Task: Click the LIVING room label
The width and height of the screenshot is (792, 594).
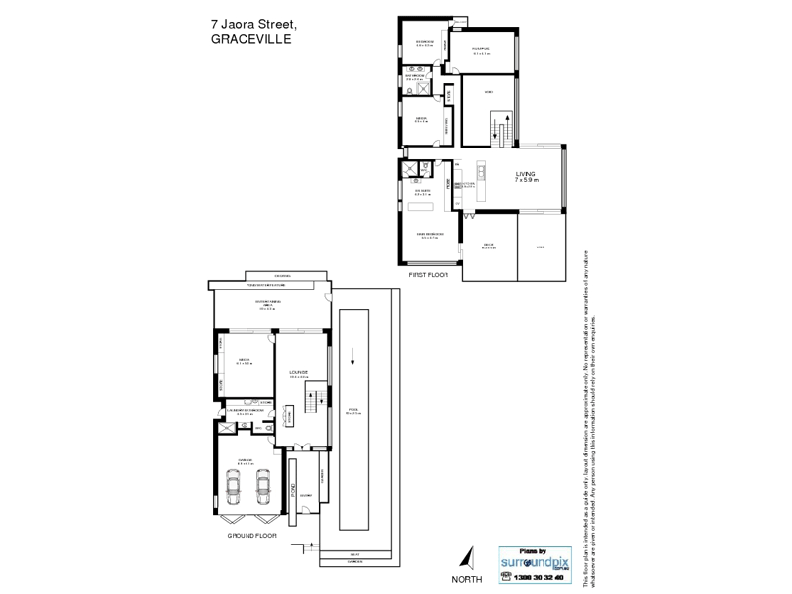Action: point(524,174)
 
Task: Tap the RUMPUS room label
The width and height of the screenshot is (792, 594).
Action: point(481,49)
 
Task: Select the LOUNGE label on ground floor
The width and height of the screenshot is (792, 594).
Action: point(299,372)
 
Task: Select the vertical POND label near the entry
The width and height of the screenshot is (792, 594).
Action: point(292,487)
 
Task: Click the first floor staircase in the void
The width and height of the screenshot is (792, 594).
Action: point(504,128)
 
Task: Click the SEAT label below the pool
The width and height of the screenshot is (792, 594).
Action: point(355,555)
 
